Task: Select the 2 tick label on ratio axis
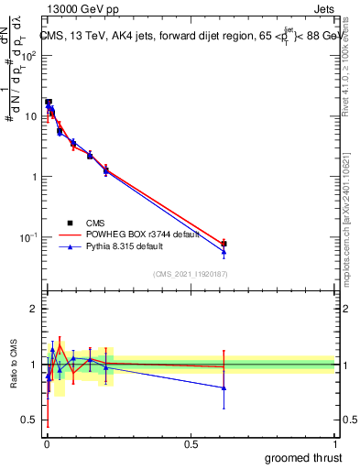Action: click(x=33, y=309)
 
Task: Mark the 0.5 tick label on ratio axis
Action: click(x=28, y=420)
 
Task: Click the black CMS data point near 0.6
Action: click(x=224, y=244)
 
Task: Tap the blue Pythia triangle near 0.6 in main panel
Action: click(x=224, y=252)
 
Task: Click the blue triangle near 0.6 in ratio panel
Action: click(x=224, y=387)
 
